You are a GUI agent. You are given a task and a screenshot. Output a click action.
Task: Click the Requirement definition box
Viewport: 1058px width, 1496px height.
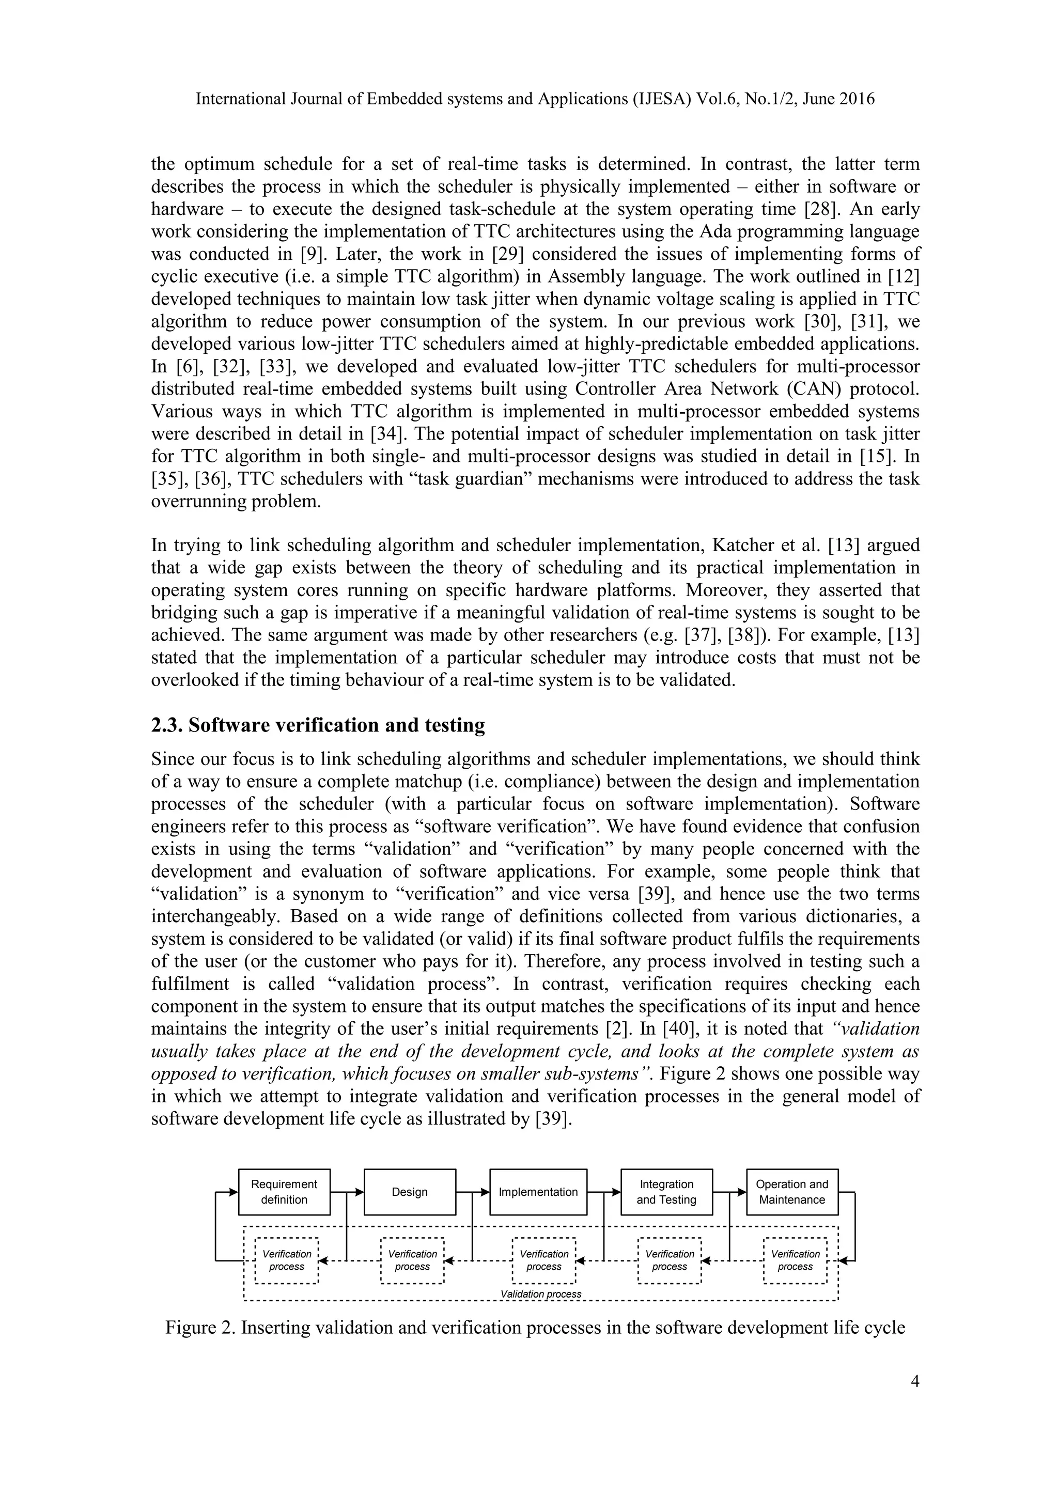tap(284, 1192)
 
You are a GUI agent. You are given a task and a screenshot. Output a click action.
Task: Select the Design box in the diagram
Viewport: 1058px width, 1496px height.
tap(410, 1192)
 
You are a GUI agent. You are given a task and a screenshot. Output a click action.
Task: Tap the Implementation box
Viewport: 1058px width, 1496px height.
tap(538, 1192)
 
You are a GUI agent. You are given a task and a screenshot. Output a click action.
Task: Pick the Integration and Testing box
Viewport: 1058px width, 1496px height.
tap(666, 1192)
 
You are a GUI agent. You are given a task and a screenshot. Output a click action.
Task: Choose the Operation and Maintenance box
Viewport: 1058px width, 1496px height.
tap(791, 1192)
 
